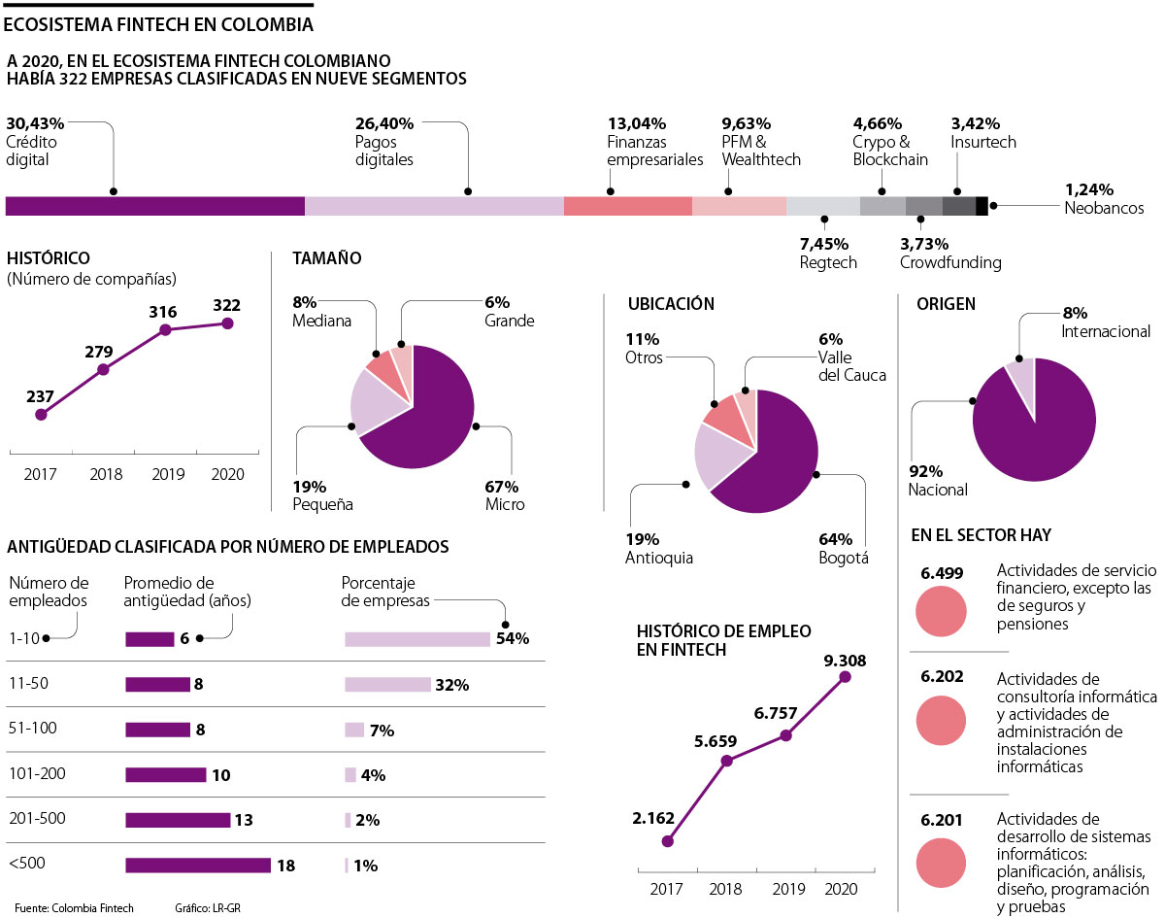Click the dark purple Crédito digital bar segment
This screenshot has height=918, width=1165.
tap(155, 206)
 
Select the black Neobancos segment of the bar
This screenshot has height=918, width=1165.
tap(982, 206)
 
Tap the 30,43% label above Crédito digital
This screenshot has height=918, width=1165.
tap(35, 123)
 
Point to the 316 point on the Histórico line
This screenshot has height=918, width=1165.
tap(165, 330)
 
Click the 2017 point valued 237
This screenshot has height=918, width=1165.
tap(41, 415)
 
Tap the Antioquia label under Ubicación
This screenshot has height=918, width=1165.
tap(659, 558)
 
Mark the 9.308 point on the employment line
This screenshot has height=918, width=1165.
tap(845, 676)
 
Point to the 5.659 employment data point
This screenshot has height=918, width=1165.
tap(726, 761)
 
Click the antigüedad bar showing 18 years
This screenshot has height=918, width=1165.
tap(198, 865)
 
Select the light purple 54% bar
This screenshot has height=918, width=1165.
tap(417, 638)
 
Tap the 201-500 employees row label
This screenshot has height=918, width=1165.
tap(37, 818)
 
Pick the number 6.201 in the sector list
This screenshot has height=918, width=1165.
tap(942, 821)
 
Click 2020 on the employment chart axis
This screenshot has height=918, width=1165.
tap(841, 888)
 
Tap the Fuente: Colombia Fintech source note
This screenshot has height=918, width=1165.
tap(74, 907)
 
